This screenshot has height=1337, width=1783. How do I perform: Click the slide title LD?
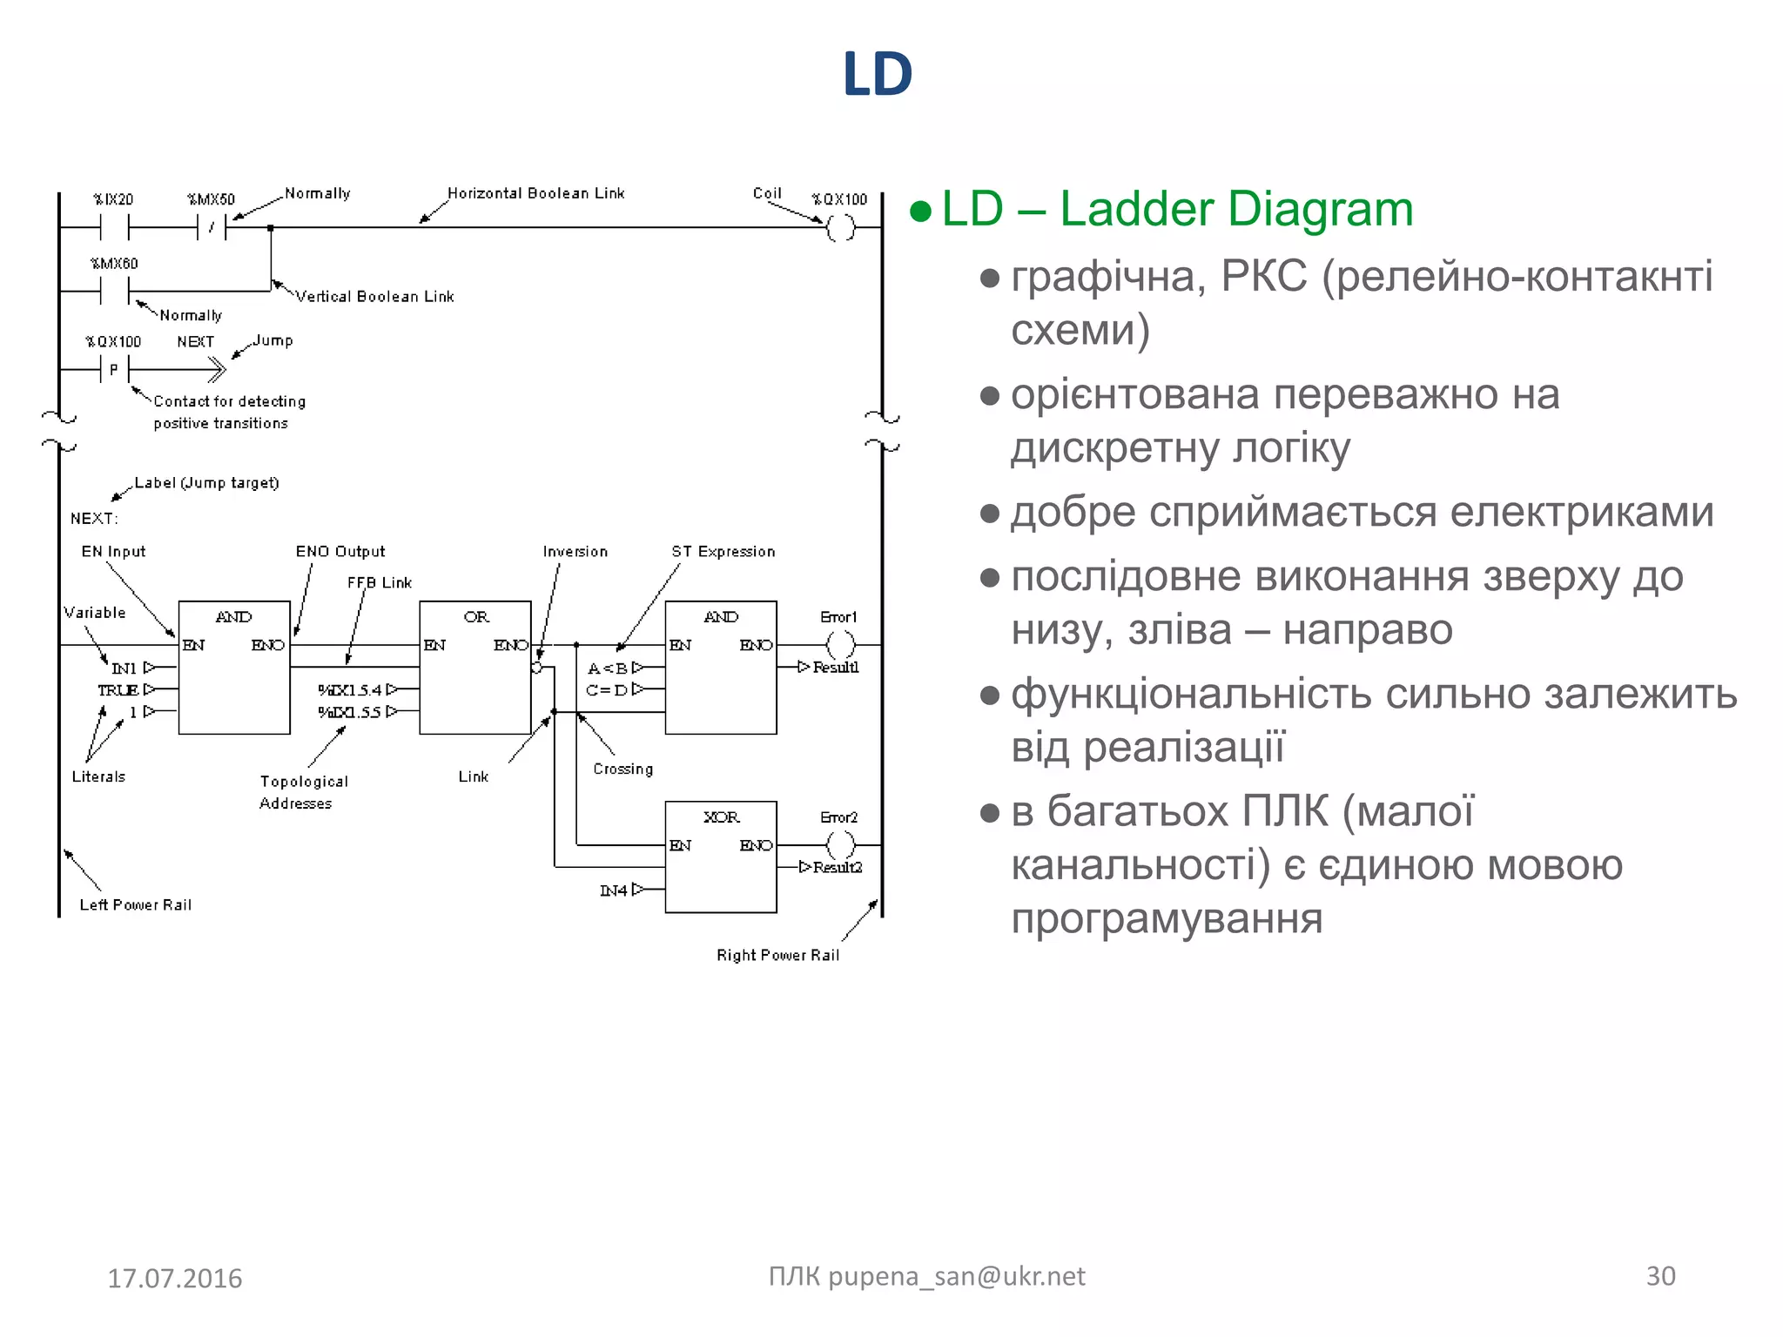(877, 75)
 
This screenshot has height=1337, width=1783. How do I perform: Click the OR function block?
(474, 667)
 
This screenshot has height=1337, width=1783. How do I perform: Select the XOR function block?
(720, 857)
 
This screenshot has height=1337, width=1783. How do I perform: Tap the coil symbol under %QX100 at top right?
(840, 228)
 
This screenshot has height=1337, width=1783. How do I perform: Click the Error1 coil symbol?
(840, 645)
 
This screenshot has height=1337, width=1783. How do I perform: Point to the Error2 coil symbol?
(840, 844)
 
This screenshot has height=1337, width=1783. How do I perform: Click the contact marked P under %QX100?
(114, 370)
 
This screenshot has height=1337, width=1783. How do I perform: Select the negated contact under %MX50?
(212, 228)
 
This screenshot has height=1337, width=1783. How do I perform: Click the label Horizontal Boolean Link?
(535, 193)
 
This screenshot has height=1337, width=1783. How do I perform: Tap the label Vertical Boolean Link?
(374, 297)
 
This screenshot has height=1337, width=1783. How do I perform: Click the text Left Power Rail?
(135, 905)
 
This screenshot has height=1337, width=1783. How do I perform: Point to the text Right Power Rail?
(777, 956)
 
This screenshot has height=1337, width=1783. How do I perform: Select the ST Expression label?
(723, 552)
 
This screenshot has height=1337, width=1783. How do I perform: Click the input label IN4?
(614, 890)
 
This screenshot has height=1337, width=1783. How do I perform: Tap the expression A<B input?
(608, 668)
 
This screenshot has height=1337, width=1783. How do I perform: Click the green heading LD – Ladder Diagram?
(1176, 210)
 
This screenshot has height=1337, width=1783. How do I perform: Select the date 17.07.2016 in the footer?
(174, 1278)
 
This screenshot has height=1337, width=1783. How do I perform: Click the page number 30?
(1660, 1276)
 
